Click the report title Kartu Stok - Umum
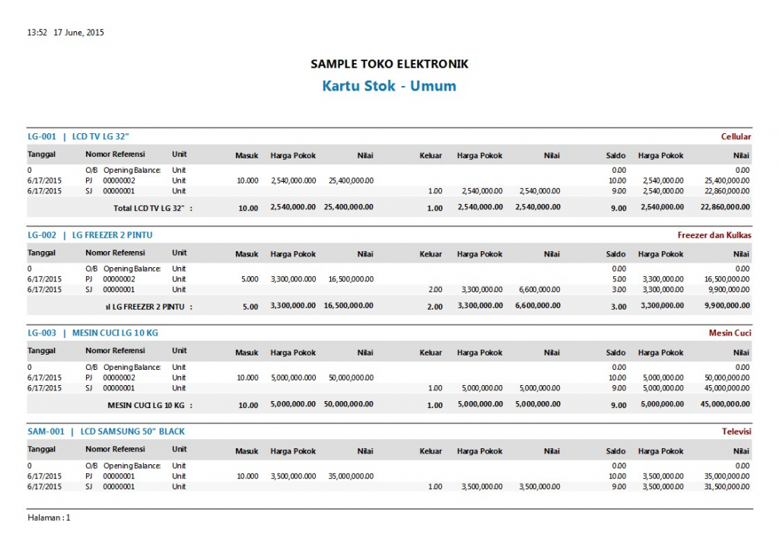pos(389,86)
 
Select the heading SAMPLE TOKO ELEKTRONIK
pos(389,64)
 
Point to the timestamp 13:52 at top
pos(37,33)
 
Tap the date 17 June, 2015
pos(78,33)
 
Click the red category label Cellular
pos(736,137)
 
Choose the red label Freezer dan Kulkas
pos(714,235)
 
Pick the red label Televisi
pos(736,432)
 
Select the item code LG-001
pos(43,137)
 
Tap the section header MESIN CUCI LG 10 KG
pos(115,333)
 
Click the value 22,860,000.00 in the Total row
pos(725,208)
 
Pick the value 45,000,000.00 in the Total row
pos(725,404)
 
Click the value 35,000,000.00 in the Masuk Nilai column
pos(351,476)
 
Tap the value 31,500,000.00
pos(727,486)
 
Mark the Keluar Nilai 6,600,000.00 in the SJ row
pos(539,289)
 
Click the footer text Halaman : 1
pos(49,518)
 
